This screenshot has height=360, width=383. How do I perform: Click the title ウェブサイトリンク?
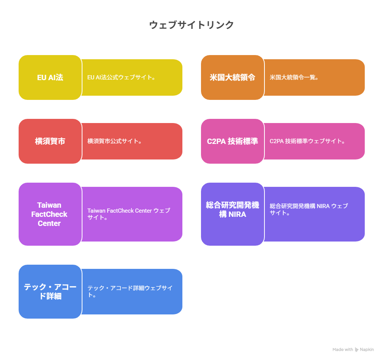point(191,25)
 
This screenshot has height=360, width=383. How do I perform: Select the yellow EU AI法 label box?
point(50,77)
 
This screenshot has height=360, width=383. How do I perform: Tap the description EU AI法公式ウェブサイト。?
point(121,77)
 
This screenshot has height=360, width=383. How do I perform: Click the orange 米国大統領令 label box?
point(233,77)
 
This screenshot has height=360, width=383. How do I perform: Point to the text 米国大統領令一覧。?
point(294,77)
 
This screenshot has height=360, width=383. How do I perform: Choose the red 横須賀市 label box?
point(50,141)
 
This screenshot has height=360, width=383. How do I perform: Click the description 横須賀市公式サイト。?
point(115,141)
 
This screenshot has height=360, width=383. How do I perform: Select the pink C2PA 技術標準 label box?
point(233,141)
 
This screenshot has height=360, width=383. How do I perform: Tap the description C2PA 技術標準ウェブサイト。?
point(307,141)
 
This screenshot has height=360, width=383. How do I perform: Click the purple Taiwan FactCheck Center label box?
point(50,214)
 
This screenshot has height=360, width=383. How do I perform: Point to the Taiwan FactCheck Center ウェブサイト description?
point(129,214)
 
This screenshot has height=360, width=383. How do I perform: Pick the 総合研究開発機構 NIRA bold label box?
point(233,214)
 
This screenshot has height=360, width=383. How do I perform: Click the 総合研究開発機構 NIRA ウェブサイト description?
point(309,209)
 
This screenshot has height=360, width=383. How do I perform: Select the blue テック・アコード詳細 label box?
point(50,292)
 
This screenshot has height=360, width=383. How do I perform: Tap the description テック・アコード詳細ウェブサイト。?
point(130,291)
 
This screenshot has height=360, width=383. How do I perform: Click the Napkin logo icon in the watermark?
point(357,350)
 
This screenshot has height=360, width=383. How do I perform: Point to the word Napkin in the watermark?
point(367,349)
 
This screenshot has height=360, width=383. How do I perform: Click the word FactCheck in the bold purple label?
point(49,214)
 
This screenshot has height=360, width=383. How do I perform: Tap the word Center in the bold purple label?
point(49,223)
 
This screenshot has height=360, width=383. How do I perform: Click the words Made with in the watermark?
point(343,349)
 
